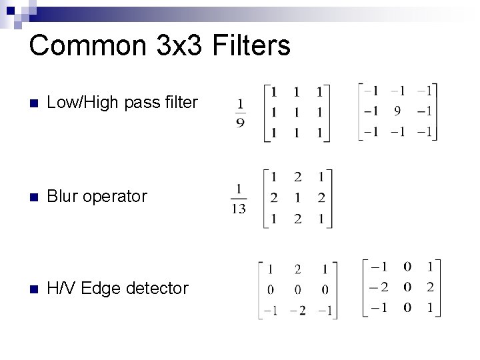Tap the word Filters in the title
click(250, 46)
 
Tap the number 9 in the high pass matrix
click(397, 111)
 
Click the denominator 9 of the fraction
click(240, 123)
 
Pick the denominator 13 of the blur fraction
click(238, 209)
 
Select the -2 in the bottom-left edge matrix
click(297, 310)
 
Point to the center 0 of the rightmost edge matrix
click(407, 288)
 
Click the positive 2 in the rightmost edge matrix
click(431, 288)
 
